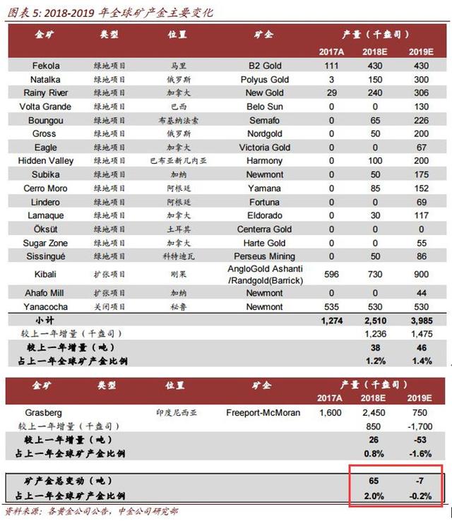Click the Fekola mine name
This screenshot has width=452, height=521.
point(46,66)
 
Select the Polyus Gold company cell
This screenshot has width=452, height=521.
point(264,80)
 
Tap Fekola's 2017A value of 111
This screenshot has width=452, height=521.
point(331,66)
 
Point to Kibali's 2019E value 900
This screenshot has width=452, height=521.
point(422,274)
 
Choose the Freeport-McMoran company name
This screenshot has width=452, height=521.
point(263,412)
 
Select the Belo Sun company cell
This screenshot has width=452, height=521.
point(264,107)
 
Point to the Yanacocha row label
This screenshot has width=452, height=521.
point(46,306)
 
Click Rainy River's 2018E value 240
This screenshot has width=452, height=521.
point(376,93)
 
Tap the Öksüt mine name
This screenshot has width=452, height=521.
point(46,229)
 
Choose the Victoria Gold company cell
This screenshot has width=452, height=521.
point(264,148)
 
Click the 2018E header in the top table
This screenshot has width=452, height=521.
point(376,52)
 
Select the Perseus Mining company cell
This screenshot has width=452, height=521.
point(264,256)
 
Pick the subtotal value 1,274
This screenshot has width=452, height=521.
point(331,321)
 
